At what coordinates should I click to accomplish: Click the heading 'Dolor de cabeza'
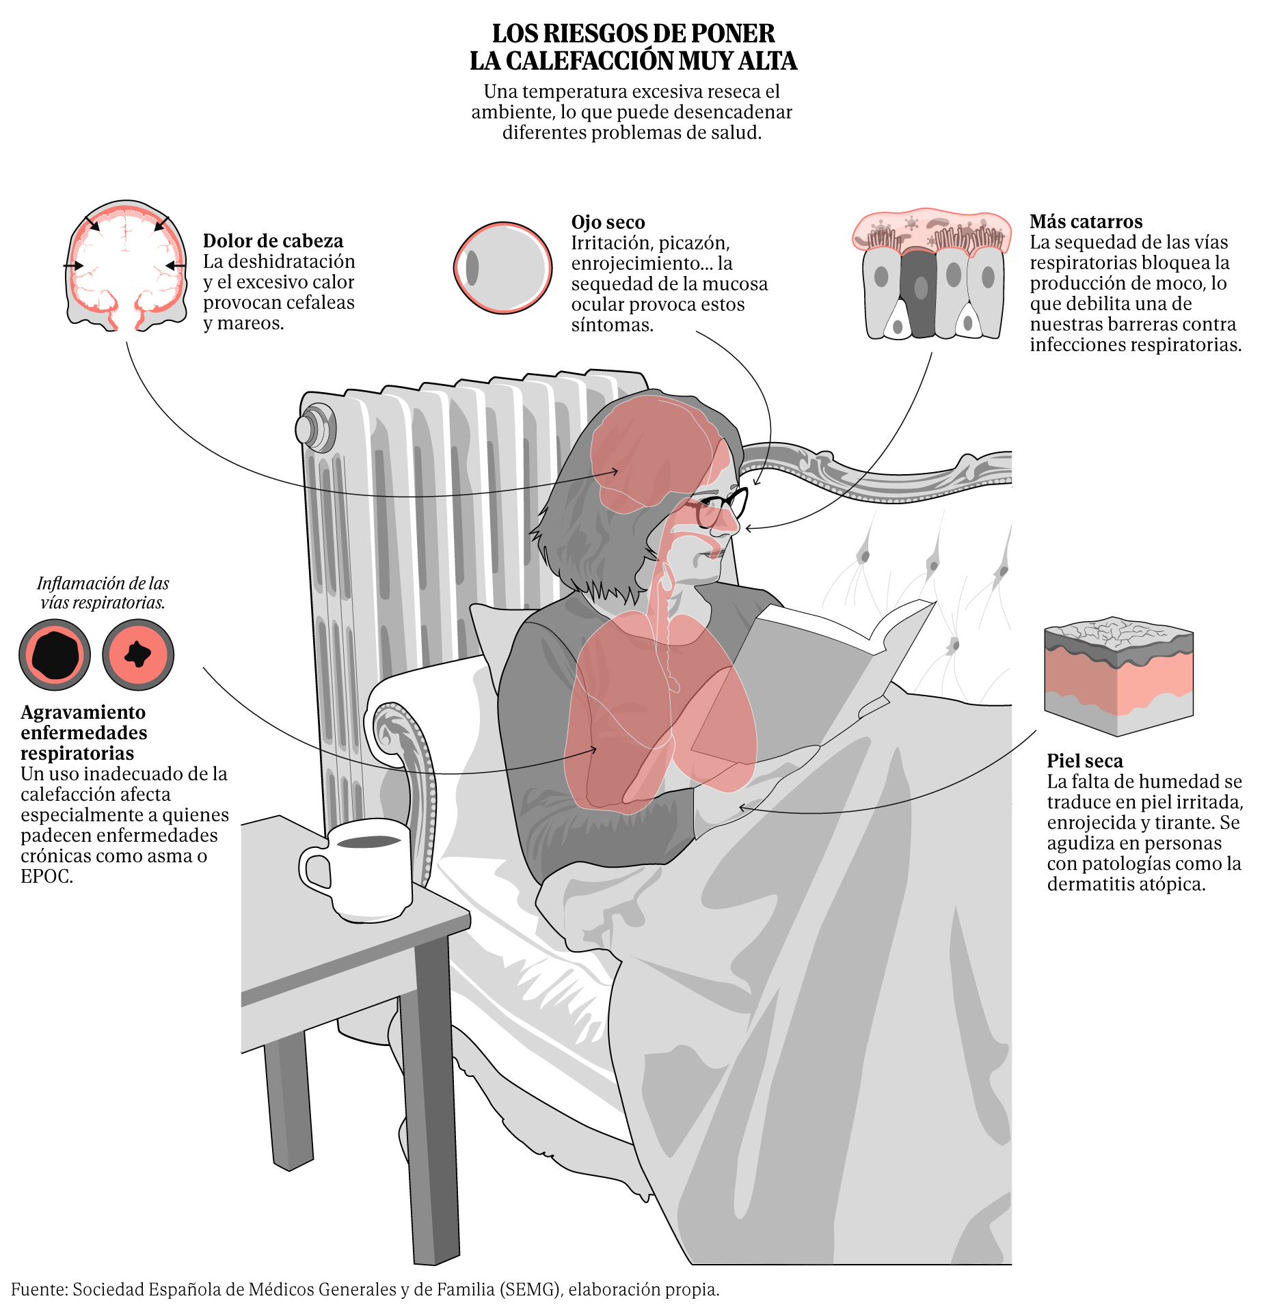[273, 241]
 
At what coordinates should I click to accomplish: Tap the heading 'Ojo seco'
[608, 222]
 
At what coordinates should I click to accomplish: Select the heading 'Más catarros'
[1086, 221]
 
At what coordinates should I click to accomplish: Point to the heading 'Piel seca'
[1084, 760]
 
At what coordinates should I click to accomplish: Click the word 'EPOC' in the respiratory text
[45, 876]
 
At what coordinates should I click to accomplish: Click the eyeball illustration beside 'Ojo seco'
[502, 268]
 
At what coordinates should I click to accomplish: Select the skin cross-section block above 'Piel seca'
[1118, 676]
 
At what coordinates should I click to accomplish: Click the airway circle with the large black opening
[55, 655]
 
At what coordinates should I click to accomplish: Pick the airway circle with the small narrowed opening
[138, 655]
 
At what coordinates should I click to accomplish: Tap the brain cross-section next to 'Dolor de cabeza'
[126, 266]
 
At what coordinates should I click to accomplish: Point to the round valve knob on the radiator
[314, 428]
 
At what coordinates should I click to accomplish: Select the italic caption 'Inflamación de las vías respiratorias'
[103, 592]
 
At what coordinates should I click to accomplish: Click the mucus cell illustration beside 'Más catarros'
[931, 274]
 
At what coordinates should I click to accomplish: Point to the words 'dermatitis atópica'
[1126, 884]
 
